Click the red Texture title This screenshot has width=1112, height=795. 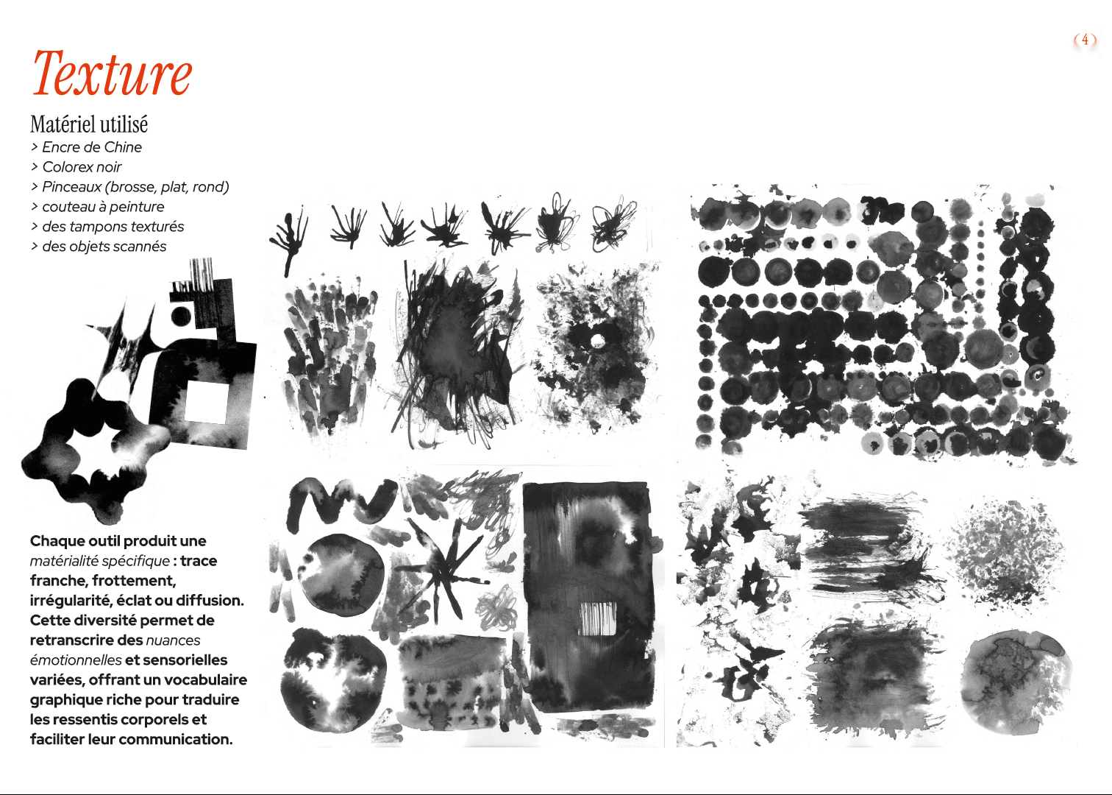pos(113,73)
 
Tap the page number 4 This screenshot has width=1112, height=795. pos(1085,40)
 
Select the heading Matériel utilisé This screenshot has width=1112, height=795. pos(89,124)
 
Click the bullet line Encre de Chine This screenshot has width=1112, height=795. pos(86,147)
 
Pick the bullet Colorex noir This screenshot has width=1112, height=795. pos(76,167)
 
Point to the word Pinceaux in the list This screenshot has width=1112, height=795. pos(71,187)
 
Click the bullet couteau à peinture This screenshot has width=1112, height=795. pos(97,207)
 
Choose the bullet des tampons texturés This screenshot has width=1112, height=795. pos(107,227)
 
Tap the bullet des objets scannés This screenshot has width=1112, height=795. pos(99,247)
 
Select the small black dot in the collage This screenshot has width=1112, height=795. pos(181,316)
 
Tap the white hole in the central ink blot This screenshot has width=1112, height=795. pos(597,341)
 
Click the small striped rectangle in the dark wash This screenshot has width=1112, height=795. pos(598,618)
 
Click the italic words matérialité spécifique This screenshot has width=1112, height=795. pos(100,561)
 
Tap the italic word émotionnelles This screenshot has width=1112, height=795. pos(76,660)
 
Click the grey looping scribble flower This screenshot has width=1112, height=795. pos(496,607)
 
